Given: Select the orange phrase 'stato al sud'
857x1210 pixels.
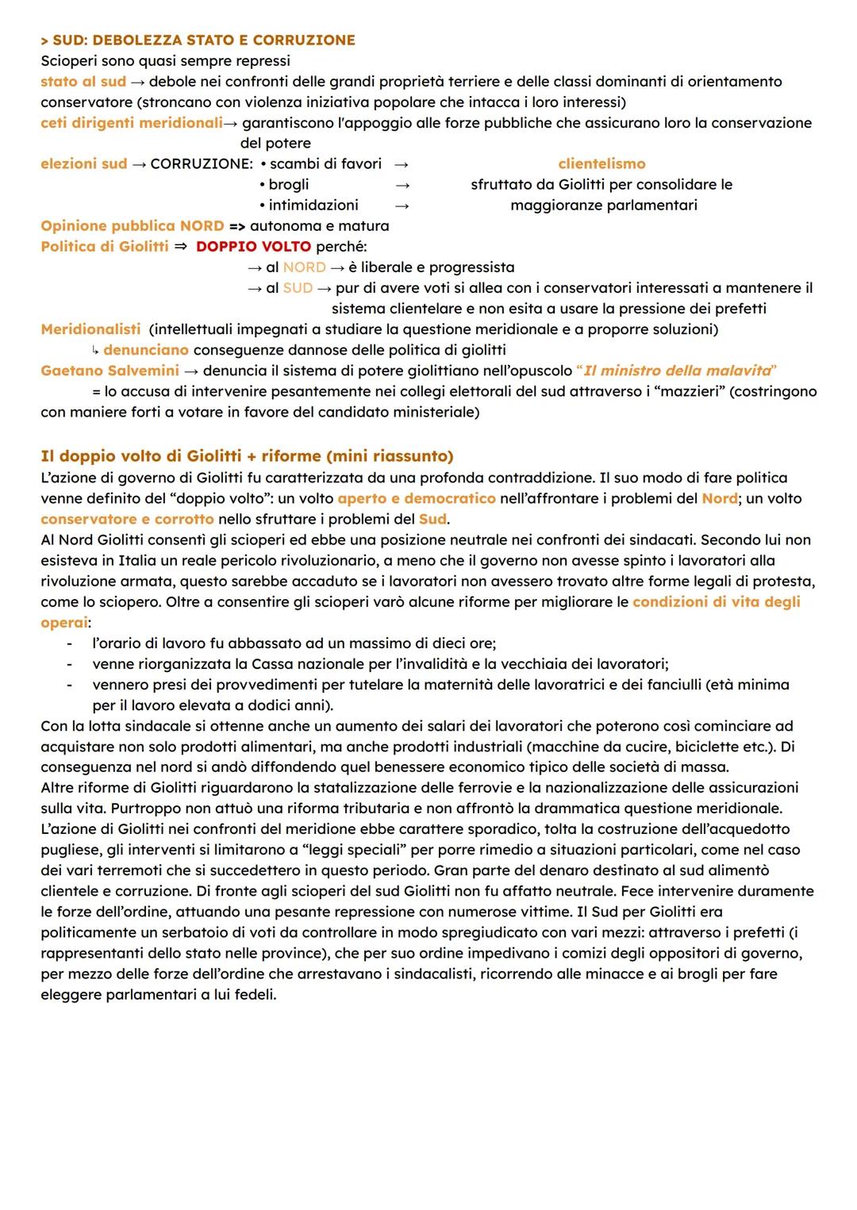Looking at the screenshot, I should pyautogui.click(x=83, y=81).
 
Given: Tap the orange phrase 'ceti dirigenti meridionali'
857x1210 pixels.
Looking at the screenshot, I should pyautogui.click(x=131, y=122).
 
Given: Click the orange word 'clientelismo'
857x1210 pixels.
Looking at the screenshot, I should pyautogui.click(x=601, y=163).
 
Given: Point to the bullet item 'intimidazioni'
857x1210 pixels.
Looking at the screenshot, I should pyautogui.click(x=313, y=205).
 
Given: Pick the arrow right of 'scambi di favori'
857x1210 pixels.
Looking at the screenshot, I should pyautogui.click(x=402, y=164).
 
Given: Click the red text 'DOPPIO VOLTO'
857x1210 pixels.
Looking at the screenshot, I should pyautogui.click(x=253, y=246).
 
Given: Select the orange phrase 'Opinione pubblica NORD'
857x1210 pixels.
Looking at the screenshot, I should pyautogui.click(x=132, y=225).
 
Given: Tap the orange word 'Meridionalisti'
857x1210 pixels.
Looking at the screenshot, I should pyautogui.click(x=90, y=328).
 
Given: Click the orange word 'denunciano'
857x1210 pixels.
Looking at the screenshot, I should pyautogui.click(x=146, y=349).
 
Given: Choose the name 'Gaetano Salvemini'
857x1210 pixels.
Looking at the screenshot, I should pyautogui.click(x=110, y=370).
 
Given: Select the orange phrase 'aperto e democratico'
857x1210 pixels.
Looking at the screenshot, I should pyautogui.click(x=416, y=498).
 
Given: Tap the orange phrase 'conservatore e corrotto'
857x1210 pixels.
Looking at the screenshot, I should pyautogui.click(x=127, y=519).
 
